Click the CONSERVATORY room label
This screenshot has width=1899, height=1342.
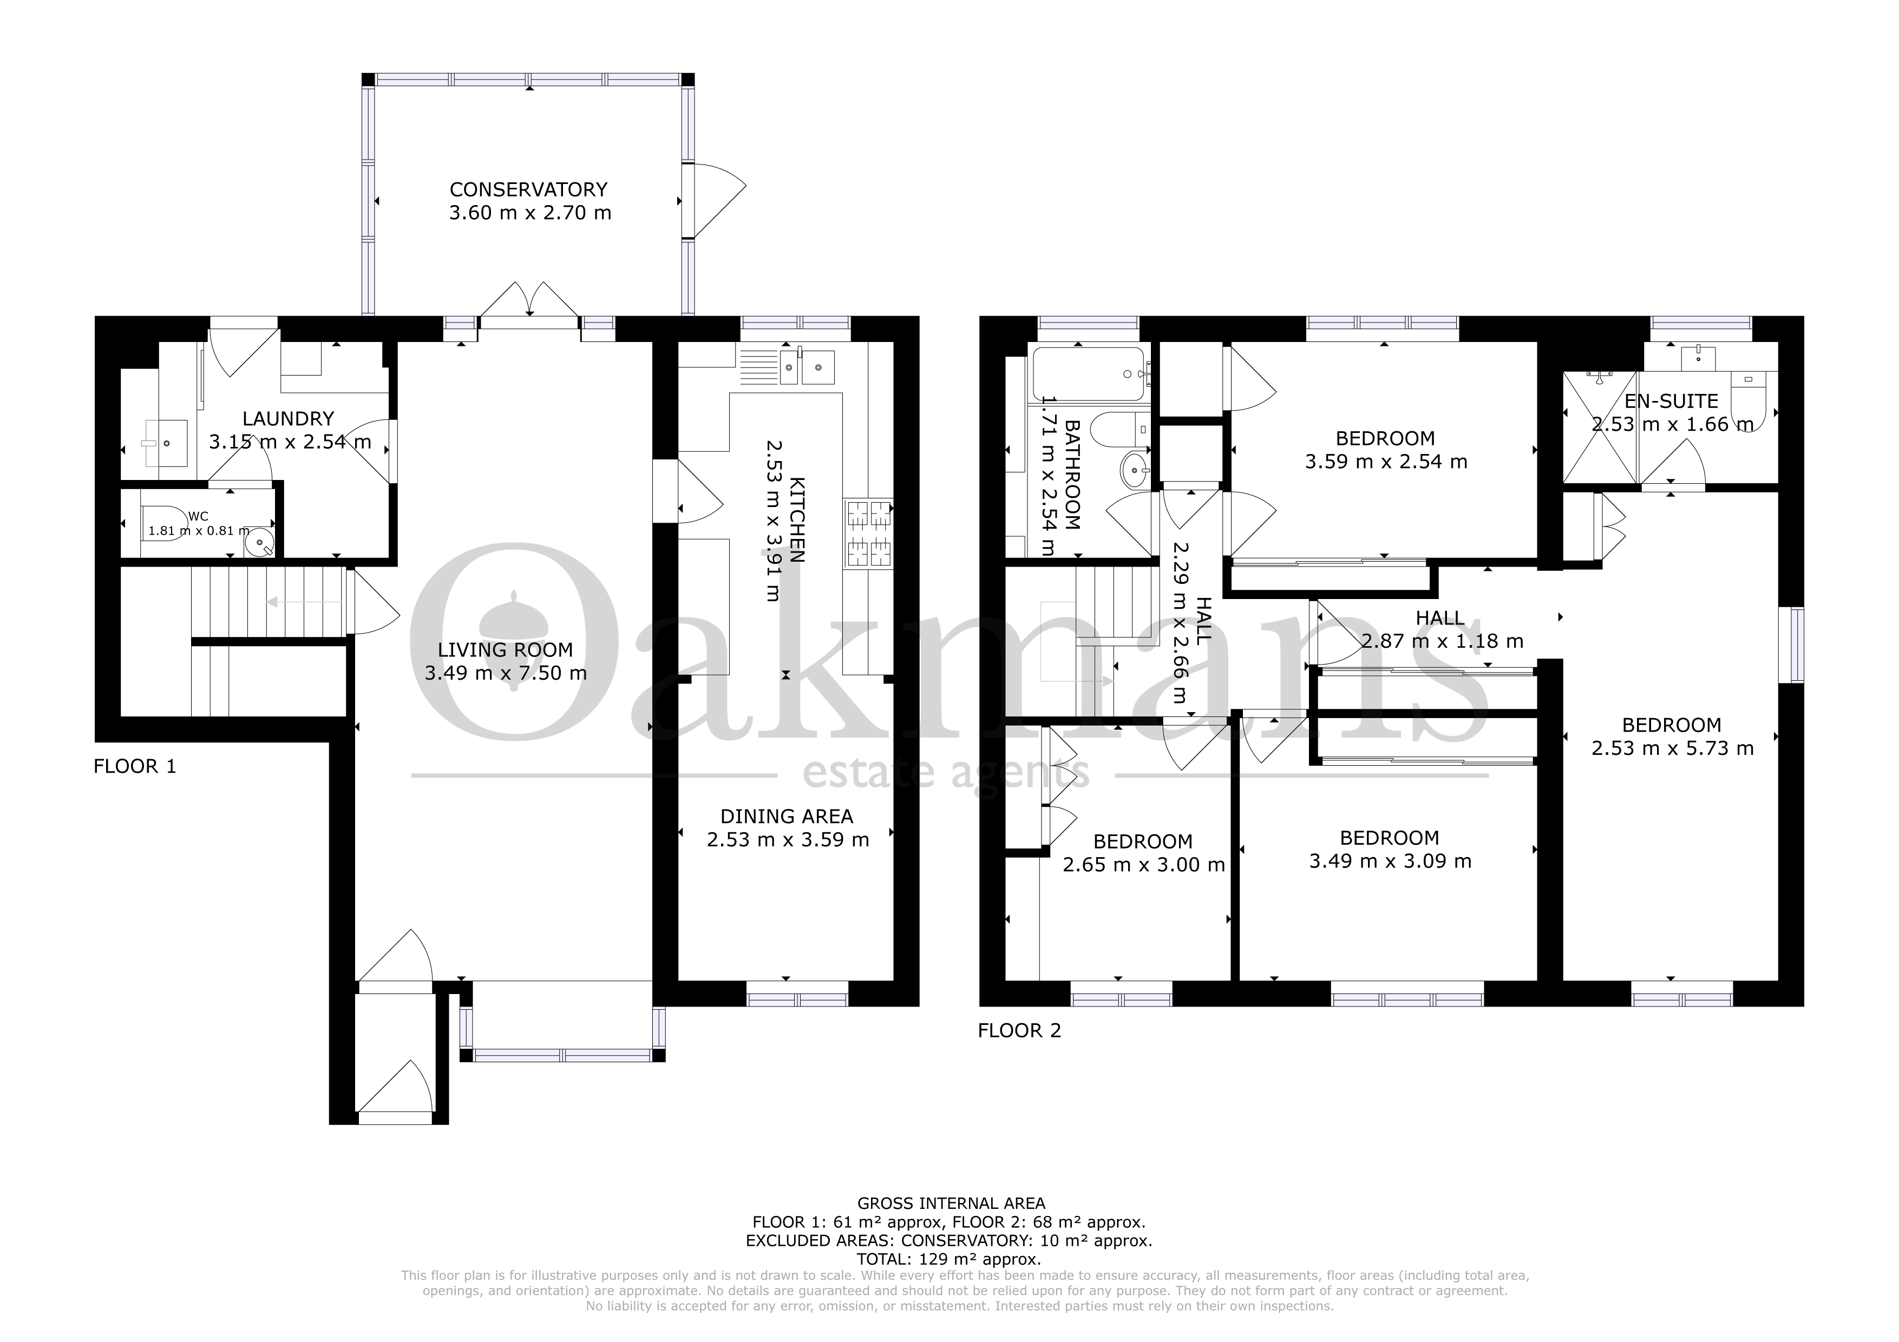(528, 189)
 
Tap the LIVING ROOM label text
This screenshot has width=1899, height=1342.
(506, 650)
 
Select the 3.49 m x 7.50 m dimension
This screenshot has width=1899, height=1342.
(506, 673)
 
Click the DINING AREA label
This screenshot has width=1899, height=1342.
(787, 817)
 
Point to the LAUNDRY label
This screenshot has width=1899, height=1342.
(288, 419)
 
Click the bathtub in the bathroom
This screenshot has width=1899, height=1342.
(1089, 374)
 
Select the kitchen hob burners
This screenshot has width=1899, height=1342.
(868, 534)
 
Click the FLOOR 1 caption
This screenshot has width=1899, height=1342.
(135, 766)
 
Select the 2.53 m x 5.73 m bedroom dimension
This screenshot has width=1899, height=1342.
(1672, 748)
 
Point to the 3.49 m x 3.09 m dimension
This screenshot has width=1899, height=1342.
(1390, 861)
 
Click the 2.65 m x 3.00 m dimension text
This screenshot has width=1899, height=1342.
(1144, 865)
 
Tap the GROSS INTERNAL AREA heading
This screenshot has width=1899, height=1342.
(951, 1203)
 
